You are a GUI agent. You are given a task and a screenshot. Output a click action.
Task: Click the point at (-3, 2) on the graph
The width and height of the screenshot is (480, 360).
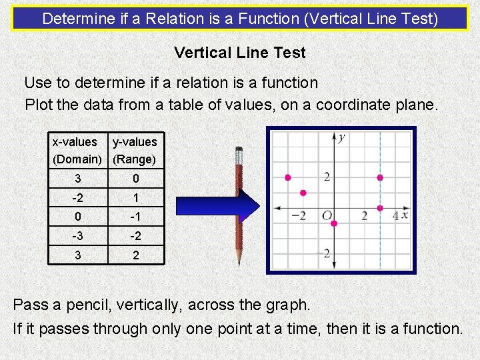point(288,177)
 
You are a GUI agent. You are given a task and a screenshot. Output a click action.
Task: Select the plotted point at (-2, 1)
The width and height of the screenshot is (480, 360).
point(303,193)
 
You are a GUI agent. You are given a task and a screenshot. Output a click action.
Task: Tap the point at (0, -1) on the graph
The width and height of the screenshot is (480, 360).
point(334,223)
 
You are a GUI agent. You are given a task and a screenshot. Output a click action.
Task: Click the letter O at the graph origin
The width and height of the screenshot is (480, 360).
point(327,216)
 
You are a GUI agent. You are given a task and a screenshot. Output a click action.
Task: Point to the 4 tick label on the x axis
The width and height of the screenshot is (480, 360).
point(395,216)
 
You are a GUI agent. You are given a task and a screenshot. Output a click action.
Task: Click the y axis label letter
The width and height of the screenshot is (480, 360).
point(341,138)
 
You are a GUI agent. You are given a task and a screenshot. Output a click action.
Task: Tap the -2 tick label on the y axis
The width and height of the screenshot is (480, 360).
point(326,253)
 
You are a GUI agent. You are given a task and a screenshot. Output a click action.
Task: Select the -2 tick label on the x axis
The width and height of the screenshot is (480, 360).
point(299,216)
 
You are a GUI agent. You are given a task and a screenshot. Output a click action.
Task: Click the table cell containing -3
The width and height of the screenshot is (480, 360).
point(78,236)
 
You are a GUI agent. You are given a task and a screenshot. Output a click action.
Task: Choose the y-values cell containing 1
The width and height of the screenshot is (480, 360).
point(136,198)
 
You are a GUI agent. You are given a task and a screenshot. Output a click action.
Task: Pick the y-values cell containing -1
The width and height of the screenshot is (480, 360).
point(136,217)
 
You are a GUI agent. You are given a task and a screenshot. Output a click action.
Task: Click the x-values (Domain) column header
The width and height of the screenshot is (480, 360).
point(77,151)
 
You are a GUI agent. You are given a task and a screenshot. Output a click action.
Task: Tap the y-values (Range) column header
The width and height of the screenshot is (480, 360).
point(135,151)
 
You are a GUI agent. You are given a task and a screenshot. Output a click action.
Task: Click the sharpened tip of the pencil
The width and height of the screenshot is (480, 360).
point(237,264)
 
